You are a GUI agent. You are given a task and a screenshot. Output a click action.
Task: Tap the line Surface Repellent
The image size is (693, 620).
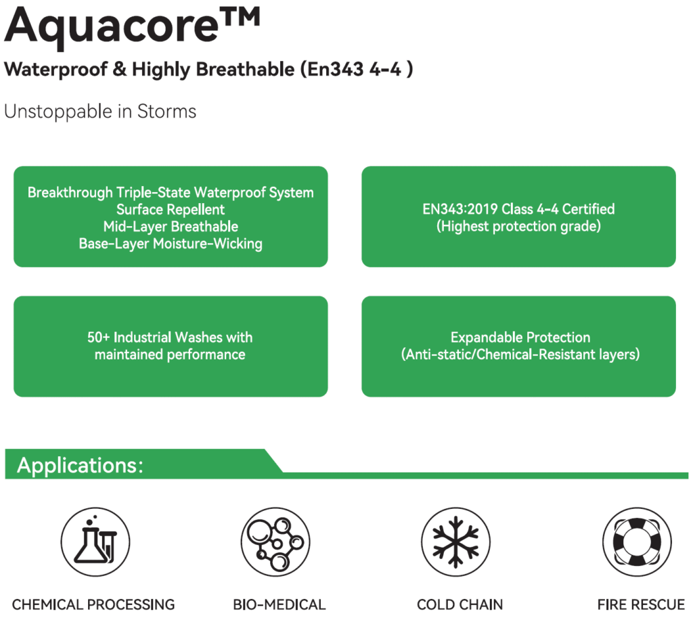pos(171,210)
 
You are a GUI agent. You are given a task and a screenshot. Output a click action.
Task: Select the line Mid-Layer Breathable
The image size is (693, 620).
pos(171,227)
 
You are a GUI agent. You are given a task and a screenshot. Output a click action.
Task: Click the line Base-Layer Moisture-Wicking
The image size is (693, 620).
pos(171,244)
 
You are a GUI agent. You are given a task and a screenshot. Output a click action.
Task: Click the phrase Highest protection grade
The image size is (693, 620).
pos(519,227)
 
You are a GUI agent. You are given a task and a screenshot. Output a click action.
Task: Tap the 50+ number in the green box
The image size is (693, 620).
pos(99,337)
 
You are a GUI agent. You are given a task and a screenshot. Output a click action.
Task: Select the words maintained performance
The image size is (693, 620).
pos(170,354)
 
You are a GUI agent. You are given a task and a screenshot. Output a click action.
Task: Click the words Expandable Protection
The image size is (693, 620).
pos(520,337)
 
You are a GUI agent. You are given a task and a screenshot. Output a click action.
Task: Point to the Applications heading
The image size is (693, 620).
pos(80,466)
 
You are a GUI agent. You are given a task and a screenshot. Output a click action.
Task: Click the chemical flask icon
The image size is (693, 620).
pos(95,541)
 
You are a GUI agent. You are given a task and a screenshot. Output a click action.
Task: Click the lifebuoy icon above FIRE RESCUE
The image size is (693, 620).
pos(636,541)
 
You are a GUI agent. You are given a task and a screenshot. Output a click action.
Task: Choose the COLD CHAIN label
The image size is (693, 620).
pos(460,604)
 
